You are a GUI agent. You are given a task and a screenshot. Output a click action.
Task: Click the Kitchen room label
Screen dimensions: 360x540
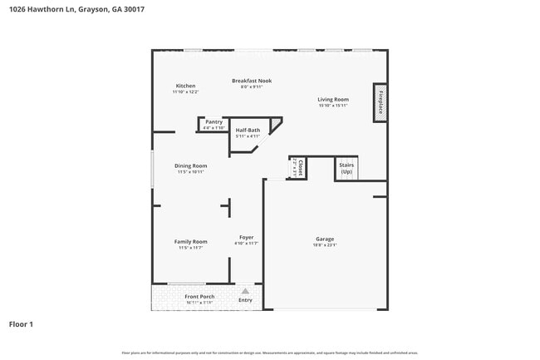(x=185, y=86)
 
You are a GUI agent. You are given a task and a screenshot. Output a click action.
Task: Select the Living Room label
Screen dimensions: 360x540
(x=332, y=100)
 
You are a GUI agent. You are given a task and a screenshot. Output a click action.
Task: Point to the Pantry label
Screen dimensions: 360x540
(x=214, y=121)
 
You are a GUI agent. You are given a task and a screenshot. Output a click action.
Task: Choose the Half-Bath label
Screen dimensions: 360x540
(x=248, y=131)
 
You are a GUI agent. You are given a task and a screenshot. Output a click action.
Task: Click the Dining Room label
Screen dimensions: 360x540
(x=190, y=166)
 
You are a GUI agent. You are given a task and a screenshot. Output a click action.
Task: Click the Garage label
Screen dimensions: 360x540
(x=324, y=239)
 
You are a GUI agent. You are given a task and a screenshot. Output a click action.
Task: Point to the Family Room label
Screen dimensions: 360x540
(x=190, y=242)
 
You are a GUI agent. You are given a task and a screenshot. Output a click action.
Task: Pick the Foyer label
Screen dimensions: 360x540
(x=246, y=238)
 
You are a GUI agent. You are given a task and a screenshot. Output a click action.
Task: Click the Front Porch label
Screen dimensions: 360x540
(x=199, y=297)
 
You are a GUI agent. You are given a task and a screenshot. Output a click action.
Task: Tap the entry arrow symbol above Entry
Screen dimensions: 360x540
(x=245, y=292)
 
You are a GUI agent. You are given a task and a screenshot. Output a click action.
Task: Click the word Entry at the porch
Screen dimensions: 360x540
(x=245, y=300)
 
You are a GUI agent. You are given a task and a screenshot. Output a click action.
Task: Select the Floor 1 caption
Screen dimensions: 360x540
(x=21, y=323)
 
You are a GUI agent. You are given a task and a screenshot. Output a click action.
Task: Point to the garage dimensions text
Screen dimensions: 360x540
(x=324, y=245)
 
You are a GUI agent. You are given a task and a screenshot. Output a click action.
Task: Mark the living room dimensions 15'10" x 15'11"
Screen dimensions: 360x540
(x=332, y=106)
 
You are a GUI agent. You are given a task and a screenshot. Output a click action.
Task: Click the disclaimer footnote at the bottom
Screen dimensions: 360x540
(x=270, y=353)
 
